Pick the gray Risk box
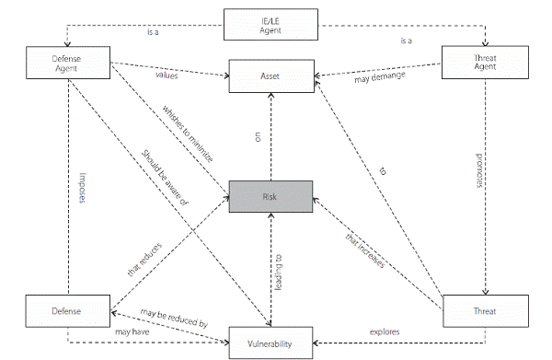[270, 197]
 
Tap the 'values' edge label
[167, 76]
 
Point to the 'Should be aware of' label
[166, 179]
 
